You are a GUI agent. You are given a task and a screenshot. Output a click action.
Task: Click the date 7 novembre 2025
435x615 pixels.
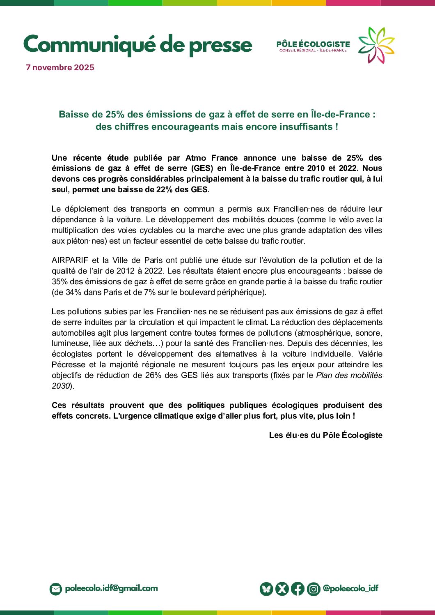point(60,67)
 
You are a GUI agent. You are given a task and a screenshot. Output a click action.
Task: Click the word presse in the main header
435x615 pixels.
point(220,45)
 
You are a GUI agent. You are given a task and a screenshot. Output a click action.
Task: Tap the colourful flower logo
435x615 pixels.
point(376,45)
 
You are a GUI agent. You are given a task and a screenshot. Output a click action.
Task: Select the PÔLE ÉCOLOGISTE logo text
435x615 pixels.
point(313,44)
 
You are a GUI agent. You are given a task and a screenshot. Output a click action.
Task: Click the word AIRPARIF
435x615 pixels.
point(70,260)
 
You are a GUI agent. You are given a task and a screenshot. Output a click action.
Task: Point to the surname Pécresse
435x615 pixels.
point(68,364)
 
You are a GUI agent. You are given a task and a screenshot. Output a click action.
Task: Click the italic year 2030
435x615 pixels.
point(61,386)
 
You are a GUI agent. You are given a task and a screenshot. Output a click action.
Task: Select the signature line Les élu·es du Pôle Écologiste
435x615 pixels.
point(325,435)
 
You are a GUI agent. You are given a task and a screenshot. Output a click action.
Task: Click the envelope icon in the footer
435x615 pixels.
point(55,589)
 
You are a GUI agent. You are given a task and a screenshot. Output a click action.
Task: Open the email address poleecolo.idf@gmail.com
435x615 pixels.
point(111,588)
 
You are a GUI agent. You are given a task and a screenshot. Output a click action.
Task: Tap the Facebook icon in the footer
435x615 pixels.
point(298,589)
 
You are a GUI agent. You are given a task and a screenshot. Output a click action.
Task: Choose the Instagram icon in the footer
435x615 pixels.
point(314,589)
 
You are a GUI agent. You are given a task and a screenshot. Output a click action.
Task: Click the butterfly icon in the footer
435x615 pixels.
point(266,589)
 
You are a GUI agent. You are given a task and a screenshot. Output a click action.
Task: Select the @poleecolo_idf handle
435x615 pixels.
point(350,588)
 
